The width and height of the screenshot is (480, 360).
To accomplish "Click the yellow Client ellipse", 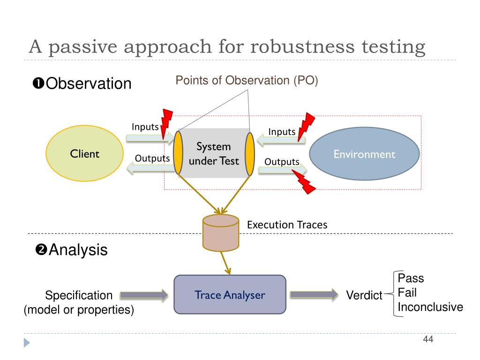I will point(84,153).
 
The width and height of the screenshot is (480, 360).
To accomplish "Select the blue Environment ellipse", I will point(364,154).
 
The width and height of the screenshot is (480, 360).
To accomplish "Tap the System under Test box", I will point(214,153).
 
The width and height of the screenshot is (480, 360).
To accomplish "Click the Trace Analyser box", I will point(230,295).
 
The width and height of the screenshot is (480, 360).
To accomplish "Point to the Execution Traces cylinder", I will point(220,232).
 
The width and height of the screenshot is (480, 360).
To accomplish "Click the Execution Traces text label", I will point(287,225).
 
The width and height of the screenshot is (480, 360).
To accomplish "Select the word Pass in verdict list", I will point(411,278).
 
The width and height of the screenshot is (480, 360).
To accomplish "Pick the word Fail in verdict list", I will point(407,293).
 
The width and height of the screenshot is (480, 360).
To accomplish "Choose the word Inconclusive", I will point(430,307).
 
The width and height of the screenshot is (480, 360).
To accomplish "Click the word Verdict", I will point(364,295).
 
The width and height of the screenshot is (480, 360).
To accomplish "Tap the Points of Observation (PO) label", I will point(247,80).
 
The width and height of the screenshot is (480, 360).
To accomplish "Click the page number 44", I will point(427,339).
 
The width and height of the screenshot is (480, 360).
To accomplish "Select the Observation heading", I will point(82,83).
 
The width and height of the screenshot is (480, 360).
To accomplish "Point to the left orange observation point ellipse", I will point(178,153).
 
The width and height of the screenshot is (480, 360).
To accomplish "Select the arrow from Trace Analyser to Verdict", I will point(314,295).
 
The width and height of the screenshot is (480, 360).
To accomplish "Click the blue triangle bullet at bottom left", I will point(27,343).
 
